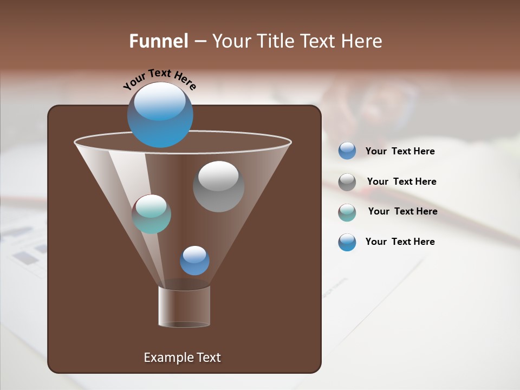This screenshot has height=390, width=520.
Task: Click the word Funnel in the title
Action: (x=158, y=41)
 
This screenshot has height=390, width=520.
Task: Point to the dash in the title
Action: (x=200, y=42)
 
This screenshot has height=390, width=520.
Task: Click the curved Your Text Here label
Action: (x=159, y=79)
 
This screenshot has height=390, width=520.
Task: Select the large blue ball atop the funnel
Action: (x=160, y=115)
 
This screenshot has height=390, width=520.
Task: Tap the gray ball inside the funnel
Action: (x=218, y=186)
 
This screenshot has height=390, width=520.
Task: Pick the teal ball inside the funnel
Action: (x=151, y=214)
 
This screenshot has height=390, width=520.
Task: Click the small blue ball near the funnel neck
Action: (x=194, y=261)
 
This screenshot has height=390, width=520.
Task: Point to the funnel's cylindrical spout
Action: (x=184, y=307)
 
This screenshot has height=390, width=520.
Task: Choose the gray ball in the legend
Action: (x=347, y=182)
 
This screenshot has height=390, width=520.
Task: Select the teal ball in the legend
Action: (x=347, y=212)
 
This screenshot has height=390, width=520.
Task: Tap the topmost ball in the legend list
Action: (x=347, y=151)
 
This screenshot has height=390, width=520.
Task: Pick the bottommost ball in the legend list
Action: (x=347, y=242)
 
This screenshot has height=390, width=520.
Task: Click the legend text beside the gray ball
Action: (x=401, y=181)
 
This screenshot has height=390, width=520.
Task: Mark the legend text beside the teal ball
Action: (x=402, y=211)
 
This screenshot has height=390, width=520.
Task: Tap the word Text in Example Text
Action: (x=208, y=357)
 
